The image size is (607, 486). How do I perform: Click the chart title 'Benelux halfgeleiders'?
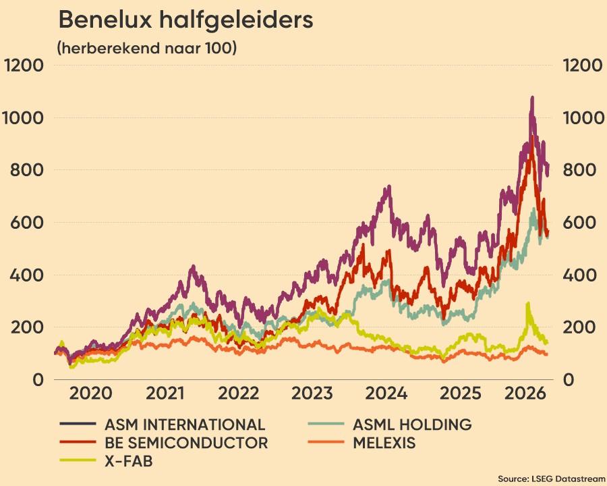pos(185,20)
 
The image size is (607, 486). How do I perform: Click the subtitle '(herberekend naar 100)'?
pos(147,48)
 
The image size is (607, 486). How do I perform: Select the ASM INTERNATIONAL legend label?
pos(185,425)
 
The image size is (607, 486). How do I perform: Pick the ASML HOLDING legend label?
pos(412,425)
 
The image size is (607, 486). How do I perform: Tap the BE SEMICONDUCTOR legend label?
pos(186,443)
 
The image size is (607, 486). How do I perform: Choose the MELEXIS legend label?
pos(384,443)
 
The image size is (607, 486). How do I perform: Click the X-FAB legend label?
pos(129,461)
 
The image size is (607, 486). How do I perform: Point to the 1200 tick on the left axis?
pos(24,65)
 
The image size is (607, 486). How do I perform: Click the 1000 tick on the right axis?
pos(583,118)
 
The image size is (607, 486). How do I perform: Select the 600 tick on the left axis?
pos(26,223)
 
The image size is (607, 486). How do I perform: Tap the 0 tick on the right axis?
pos(569,380)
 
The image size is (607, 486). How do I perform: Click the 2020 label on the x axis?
pos(90,394)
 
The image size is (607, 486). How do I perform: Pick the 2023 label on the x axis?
pos(312,394)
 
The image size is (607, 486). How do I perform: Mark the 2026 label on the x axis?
pos(525,394)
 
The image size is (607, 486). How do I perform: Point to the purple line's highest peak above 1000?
pos(532,98)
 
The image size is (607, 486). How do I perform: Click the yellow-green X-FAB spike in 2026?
pos(527,304)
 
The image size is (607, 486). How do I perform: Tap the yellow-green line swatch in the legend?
pos(78,460)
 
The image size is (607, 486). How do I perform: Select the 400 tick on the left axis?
pos(26,275)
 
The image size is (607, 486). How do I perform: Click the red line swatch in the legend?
pos(78,442)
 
